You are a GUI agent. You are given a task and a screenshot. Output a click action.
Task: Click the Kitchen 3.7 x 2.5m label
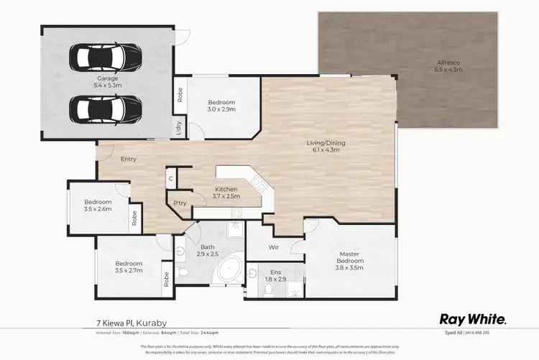226,193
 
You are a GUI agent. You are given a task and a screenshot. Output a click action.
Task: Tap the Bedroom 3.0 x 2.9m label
221,106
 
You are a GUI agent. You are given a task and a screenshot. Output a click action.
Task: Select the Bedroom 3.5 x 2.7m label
129,267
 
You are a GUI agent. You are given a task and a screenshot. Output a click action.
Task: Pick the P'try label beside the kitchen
180,203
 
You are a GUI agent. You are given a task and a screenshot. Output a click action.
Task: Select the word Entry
129,159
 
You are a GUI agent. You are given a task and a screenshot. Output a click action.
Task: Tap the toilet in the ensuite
267,289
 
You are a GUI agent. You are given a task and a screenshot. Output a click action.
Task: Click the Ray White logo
472,319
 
